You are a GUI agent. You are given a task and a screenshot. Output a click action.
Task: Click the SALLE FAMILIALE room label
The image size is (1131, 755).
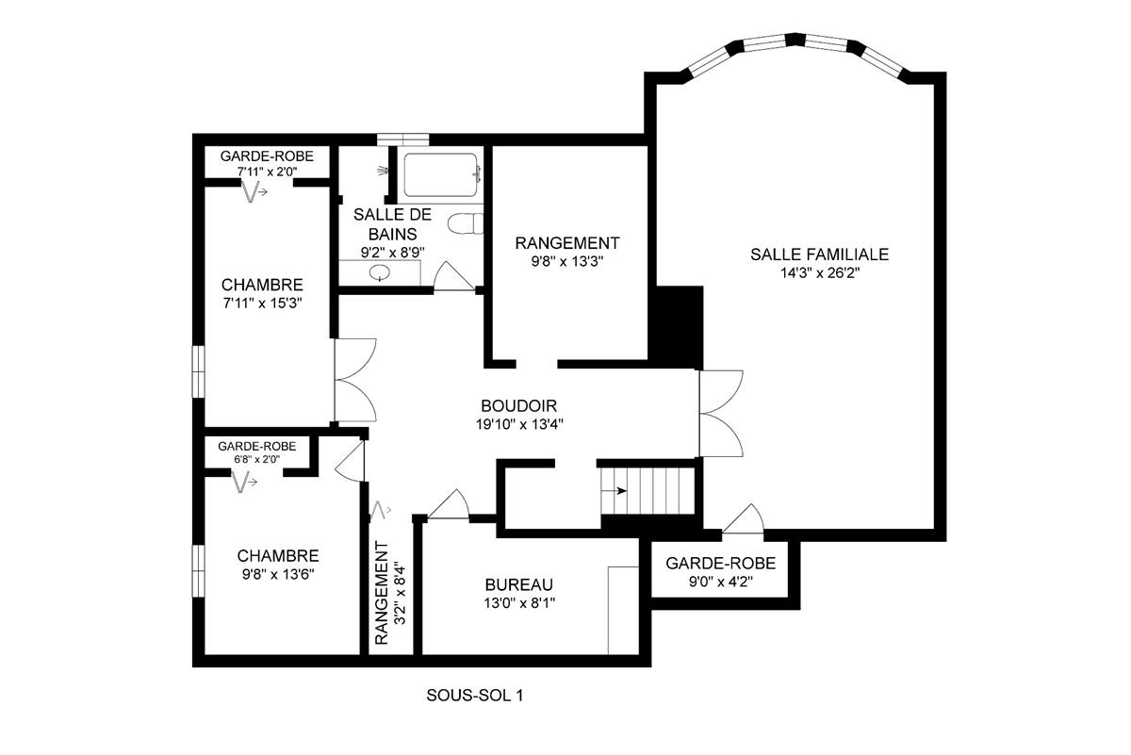819,254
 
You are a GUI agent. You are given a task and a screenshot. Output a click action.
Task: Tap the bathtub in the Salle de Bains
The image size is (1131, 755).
441,175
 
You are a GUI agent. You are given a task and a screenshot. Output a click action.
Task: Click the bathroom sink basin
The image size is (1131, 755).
380,273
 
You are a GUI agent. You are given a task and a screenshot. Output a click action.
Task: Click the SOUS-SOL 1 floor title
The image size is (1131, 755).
474,697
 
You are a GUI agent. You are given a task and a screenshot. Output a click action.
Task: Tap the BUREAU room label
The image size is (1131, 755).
518,584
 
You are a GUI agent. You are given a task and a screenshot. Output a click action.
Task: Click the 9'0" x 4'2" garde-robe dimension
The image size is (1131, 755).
720,582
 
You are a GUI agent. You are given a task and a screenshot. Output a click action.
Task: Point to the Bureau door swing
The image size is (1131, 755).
451,505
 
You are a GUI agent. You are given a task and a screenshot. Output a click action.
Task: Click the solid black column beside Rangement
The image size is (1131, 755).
680,326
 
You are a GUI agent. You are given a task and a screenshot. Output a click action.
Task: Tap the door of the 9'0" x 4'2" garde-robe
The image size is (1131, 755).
745,518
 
